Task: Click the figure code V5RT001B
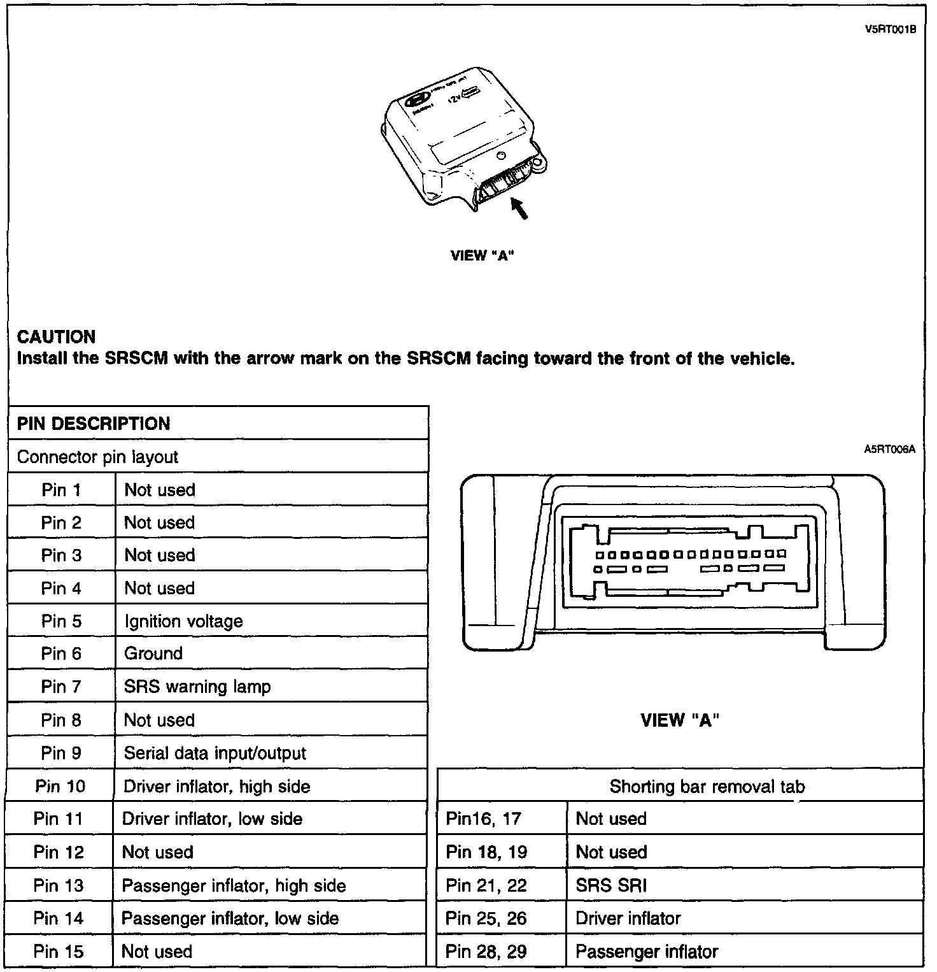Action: pos(890,29)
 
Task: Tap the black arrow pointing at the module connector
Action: pos(519,208)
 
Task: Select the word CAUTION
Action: pos(56,337)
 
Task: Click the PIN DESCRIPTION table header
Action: pos(94,424)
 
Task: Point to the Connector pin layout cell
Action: pos(97,457)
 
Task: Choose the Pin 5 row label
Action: pos(61,621)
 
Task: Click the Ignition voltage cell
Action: pos(183,621)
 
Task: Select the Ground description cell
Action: pos(153,654)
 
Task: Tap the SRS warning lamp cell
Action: pos(197,687)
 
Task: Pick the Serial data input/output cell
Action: pos(215,753)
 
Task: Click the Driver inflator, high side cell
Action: pos(216,786)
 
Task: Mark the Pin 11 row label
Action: pos(59,819)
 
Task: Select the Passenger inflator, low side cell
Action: pos(230,918)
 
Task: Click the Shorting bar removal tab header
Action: pos(707,787)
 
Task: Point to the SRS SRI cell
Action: pos(611,885)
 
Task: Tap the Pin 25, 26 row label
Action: pos(486,918)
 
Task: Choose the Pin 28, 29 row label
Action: pos(486,952)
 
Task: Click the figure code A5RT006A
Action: pos(889,450)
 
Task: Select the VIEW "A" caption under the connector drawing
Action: pos(680,720)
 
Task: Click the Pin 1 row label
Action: pos(61,490)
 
